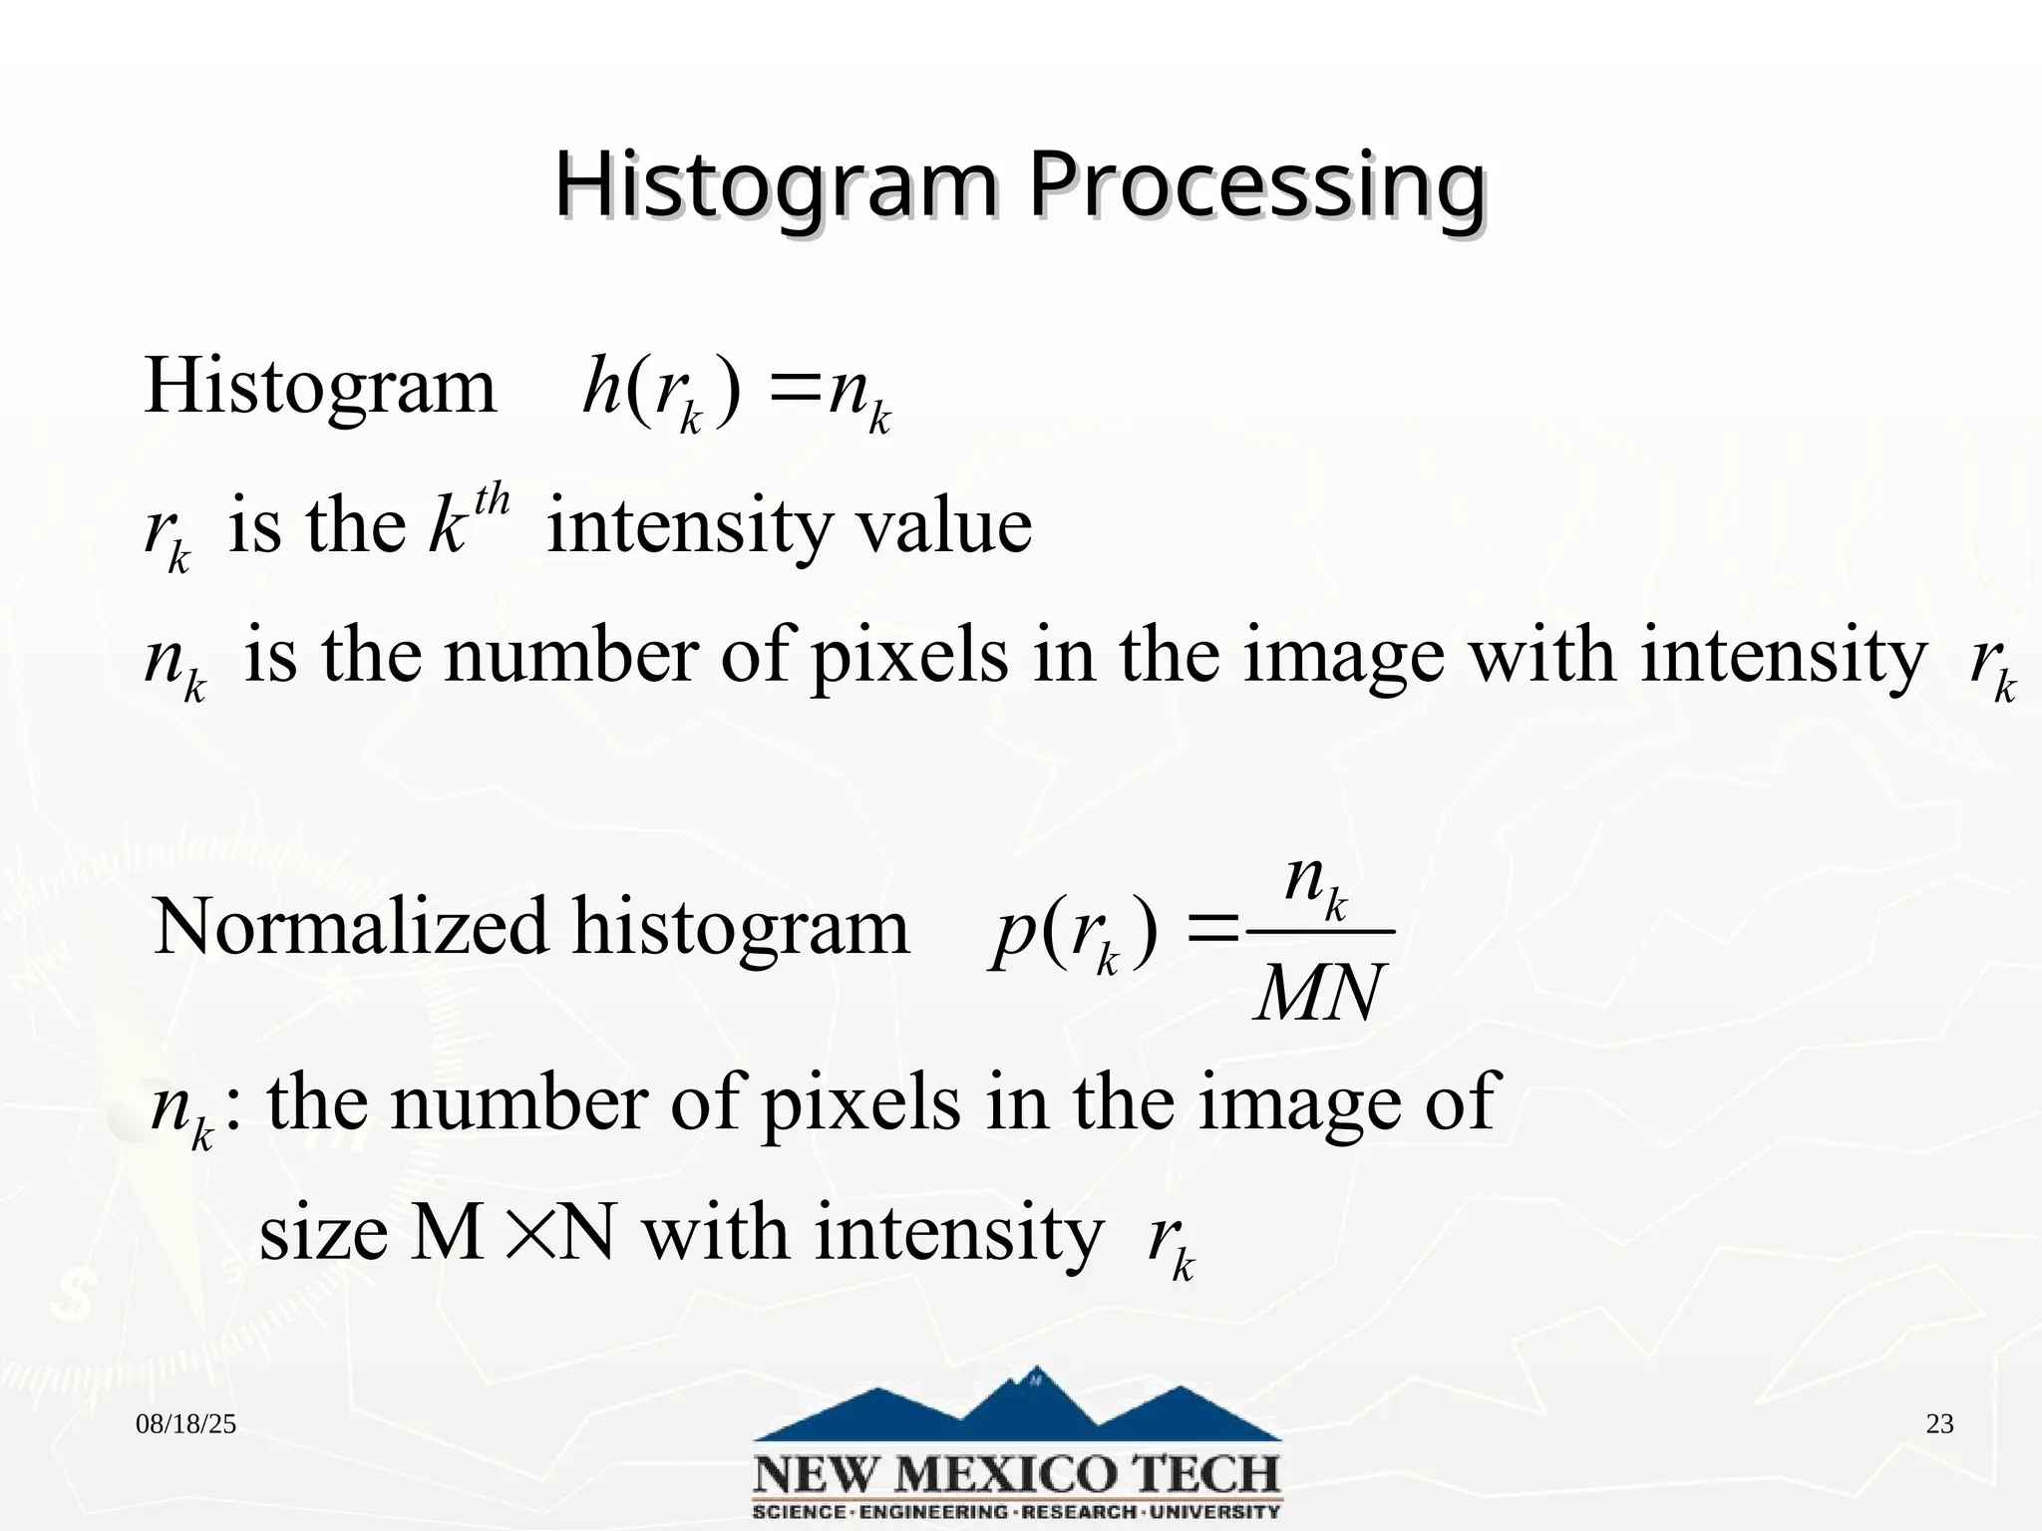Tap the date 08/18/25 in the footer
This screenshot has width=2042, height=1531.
[x=186, y=1424]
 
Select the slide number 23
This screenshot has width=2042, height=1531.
[x=1939, y=1424]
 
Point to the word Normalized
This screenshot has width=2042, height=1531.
[x=350, y=927]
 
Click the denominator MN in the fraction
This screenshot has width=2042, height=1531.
[x=1320, y=994]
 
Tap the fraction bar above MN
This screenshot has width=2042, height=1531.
[x=1320, y=933]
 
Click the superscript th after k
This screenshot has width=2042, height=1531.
[x=492, y=498]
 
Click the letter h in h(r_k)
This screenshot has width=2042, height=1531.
[x=601, y=387]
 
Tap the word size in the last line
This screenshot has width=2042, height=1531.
[x=323, y=1234]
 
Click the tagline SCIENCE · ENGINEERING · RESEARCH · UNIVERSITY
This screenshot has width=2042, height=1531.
[x=1017, y=1511]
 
